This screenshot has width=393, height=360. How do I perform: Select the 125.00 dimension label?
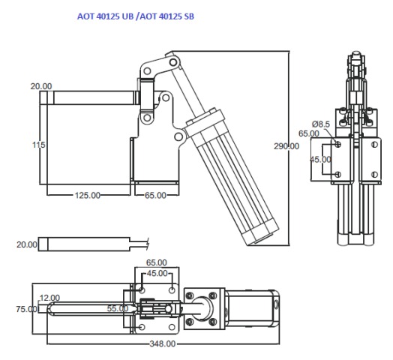87,195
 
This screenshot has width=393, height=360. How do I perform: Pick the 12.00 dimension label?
49,297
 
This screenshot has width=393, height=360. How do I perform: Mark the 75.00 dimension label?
25,308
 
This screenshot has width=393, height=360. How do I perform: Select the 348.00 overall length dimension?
163,344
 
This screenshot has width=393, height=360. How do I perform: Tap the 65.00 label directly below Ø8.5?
309,133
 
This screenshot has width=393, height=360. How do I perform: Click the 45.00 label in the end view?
322,159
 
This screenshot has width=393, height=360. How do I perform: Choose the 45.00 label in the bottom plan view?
157,273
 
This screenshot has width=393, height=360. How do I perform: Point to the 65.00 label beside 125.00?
155,195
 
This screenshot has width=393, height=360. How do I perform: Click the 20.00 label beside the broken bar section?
27,244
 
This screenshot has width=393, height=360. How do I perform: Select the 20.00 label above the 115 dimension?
41,86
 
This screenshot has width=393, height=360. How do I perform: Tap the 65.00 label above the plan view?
157,263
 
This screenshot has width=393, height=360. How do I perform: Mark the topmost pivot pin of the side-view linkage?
175,58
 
